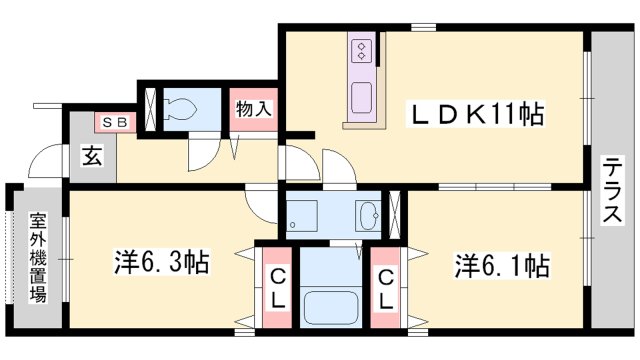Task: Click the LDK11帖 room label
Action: coord(476,115)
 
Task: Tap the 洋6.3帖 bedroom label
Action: coord(162,262)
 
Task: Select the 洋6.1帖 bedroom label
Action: coord(502,265)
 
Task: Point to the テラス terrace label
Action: coord(612,189)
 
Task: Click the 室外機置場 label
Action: coord(38,258)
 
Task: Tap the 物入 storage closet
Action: coord(254,109)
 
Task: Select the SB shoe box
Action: coord(116,122)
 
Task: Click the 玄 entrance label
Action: coord(93,155)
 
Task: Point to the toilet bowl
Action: coord(180,109)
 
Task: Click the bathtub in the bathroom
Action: coord(331,307)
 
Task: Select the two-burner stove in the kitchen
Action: coord(362,50)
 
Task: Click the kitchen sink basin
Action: coord(362,98)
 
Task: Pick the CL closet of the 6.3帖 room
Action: coord(278,287)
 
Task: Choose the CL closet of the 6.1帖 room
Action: coord(385,287)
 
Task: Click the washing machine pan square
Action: coord(302,216)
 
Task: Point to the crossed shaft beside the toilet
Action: coord(151,109)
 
